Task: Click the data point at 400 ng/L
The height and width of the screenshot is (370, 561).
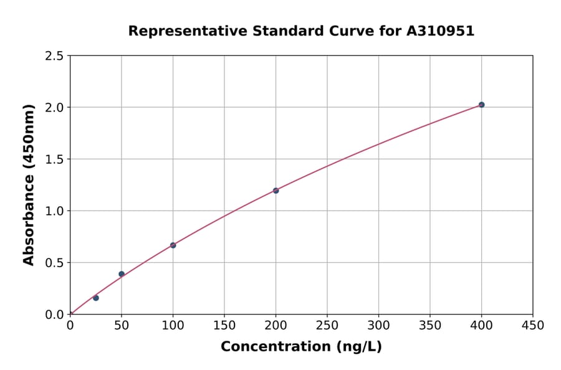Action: pos(481,105)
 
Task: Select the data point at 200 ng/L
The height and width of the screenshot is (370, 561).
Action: pos(276,191)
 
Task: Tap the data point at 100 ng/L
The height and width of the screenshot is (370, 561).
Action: pos(173,245)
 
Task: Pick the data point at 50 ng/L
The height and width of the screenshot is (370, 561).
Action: pos(122,274)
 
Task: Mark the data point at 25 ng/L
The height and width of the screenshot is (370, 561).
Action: pos(96,298)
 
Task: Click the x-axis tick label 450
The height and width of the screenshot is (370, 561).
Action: pos(533,325)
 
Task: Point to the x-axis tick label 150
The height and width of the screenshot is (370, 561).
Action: pos(224,325)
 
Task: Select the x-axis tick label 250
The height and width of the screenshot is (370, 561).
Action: pos(327,325)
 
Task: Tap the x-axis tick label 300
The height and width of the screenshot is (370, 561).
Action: pos(378,325)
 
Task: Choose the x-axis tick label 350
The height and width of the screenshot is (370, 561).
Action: pos(430,325)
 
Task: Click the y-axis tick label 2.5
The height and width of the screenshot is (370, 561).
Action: pos(54,56)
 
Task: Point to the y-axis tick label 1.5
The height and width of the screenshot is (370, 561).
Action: pos(54,159)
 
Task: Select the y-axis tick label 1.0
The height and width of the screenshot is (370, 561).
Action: pos(54,211)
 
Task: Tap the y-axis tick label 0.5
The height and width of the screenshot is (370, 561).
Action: pos(54,263)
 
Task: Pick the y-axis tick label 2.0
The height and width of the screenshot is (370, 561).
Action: pos(54,108)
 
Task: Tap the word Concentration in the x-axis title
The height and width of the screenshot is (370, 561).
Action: pos(273,346)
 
